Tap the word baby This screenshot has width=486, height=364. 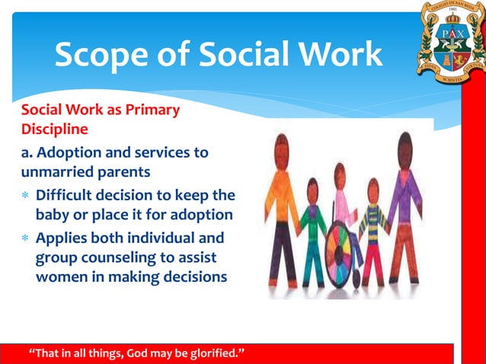point(53,215)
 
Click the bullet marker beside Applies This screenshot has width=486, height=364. point(25,238)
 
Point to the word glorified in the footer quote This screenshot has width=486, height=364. point(215,353)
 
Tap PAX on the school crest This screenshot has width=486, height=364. point(447,34)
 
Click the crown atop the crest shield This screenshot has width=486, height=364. point(447,15)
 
